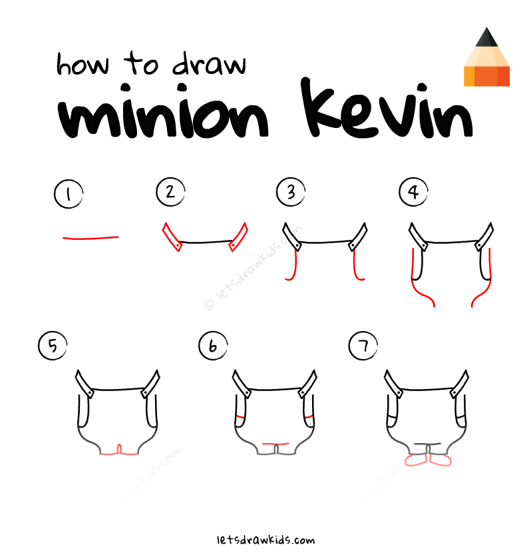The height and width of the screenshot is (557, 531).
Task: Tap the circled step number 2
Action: [170, 193]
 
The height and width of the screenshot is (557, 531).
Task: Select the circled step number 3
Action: [290, 193]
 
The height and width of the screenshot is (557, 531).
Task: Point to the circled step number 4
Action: [413, 193]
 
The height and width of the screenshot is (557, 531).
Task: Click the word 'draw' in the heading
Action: [208, 65]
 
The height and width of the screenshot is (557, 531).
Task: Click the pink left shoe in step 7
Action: [417, 461]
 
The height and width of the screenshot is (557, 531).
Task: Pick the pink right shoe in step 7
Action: [441, 460]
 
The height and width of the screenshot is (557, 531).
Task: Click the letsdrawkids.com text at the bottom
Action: [265, 540]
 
